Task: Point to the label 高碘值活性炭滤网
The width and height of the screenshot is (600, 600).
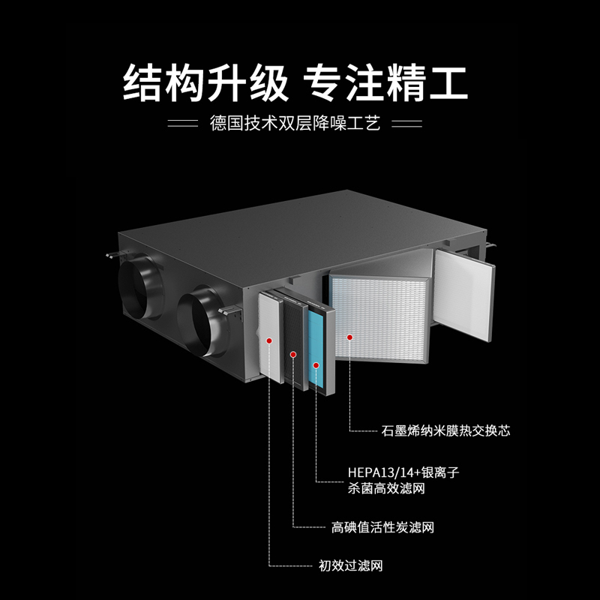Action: (x=382, y=527)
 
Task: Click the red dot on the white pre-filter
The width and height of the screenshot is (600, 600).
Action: (x=269, y=340)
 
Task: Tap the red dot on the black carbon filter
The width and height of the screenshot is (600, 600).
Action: (x=293, y=352)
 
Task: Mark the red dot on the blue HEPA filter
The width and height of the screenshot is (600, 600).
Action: (x=317, y=365)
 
